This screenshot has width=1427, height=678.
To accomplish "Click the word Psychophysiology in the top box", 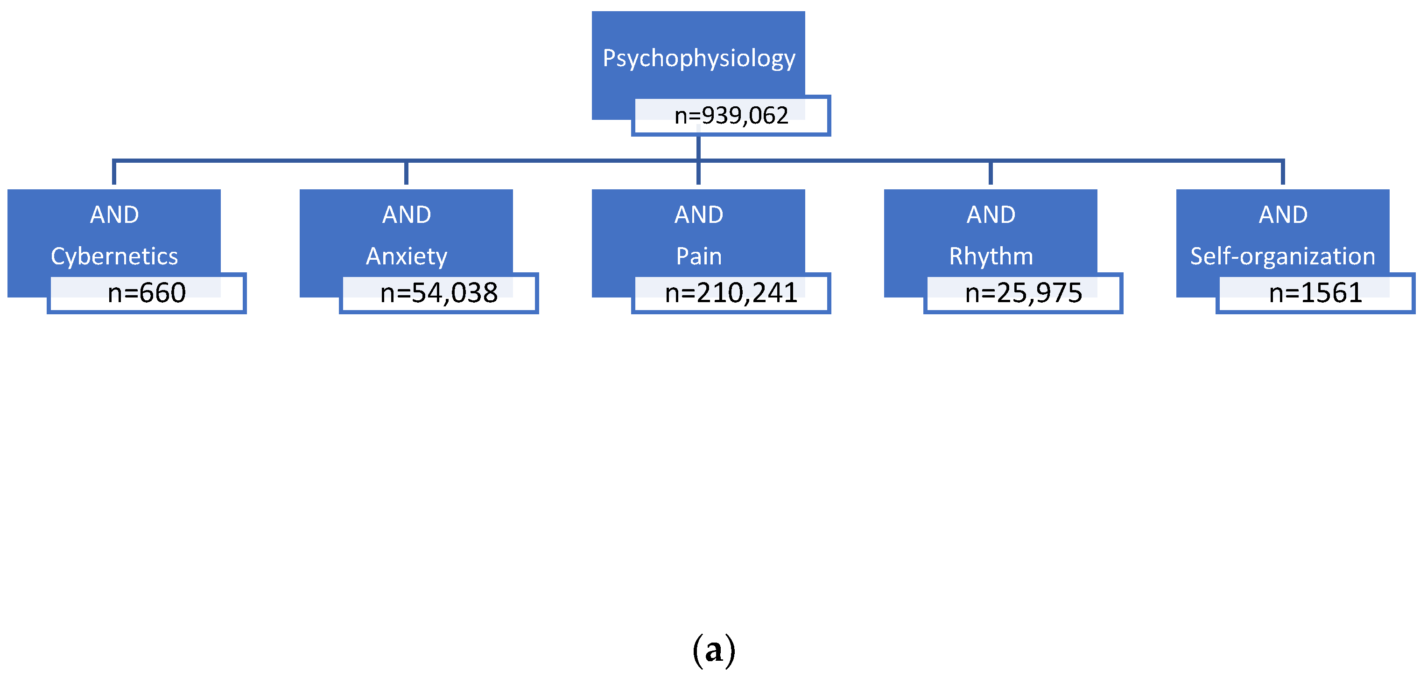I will tap(698, 58).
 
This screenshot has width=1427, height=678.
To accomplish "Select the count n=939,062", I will tap(731, 116).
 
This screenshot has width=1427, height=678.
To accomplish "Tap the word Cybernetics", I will tap(114, 256).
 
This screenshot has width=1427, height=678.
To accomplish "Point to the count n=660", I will tap(146, 293).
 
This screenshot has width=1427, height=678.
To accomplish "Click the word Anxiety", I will tap(406, 256).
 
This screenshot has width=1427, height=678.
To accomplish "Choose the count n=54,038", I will tap(439, 293).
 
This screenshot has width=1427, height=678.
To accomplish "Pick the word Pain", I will tap(698, 256).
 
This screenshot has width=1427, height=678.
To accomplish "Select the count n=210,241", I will tap(731, 293).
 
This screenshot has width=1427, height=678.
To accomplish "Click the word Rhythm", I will tap(991, 256).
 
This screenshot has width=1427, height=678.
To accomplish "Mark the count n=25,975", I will tap(1023, 293).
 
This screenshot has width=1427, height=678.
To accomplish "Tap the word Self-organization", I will tap(1282, 256).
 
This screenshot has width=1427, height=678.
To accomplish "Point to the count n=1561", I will tap(1315, 293).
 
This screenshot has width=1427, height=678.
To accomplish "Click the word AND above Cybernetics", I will tap(114, 215).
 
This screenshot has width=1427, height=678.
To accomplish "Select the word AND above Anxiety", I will tap(406, 215).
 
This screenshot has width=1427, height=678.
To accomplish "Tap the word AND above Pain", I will tap(698, 215).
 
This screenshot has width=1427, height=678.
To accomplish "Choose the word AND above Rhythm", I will tap(991, 215).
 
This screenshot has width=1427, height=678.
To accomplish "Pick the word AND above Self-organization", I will tap(1282, 215).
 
